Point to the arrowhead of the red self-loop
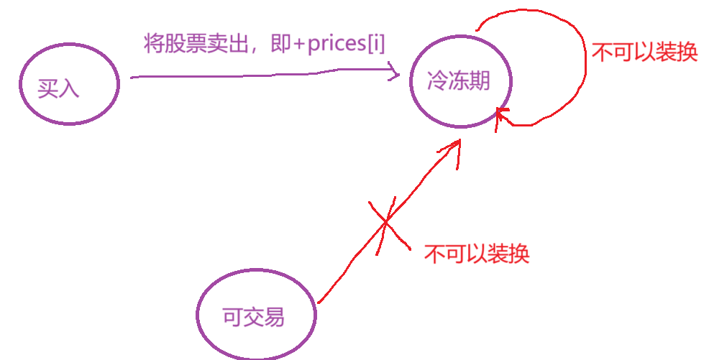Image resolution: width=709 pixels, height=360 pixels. click(x=502, y=114)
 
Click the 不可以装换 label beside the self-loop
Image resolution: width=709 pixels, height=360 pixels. click(x=644, y=52)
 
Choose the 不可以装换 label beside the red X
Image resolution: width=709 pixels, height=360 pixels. click(x=477, y=254)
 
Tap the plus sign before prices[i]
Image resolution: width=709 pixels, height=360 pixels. click(x=299, y=45)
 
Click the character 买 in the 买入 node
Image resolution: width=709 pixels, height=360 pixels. click(x=49, y=88)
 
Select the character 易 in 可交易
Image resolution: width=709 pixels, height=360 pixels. click(x=274, y=316)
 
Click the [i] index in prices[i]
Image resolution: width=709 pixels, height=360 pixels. click(x=376, y=45)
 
